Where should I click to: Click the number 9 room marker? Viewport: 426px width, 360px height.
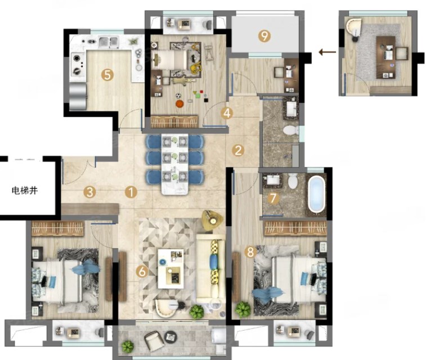264,35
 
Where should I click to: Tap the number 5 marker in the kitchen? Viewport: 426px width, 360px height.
107,75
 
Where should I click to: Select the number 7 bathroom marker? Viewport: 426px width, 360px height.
273,198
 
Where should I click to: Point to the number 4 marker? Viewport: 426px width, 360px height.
227,113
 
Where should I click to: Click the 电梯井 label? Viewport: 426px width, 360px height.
24,190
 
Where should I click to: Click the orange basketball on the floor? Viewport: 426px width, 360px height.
179,103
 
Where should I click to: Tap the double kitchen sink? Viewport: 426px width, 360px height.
109,42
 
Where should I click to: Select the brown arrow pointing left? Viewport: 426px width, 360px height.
327,52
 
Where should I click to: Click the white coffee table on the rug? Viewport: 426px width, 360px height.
171,269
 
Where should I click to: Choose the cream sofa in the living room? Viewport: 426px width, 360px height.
210,269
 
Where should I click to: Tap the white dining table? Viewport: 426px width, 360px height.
174,164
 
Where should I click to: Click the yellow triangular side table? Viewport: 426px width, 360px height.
212,220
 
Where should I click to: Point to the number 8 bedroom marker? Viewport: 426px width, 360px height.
250,252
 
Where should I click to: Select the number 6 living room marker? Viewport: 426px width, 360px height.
142,271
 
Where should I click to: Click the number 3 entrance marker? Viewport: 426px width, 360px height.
89,192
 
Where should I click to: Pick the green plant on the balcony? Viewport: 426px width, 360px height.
128,346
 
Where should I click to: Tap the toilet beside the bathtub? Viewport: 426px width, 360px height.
293,181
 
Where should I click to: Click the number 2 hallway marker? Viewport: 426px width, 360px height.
238,150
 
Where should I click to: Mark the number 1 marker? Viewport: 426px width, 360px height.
131,192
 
